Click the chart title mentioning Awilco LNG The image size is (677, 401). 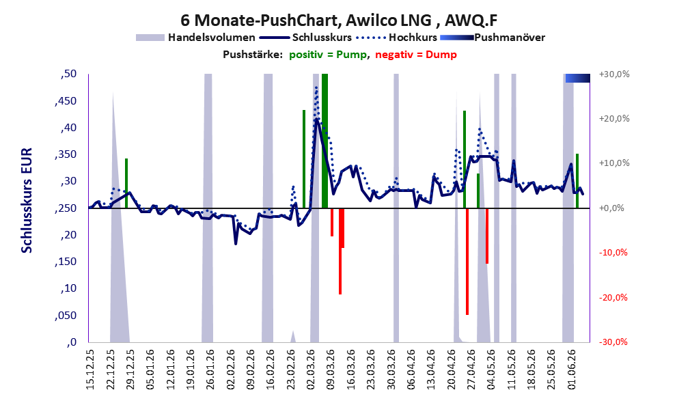click(339, 20)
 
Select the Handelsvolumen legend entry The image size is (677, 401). click(195, 38)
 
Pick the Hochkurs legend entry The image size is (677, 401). click(397, 38)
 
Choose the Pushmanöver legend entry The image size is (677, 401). click(493, 38)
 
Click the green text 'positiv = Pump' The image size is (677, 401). click(328, 55)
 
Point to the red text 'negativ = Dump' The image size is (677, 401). click(416, 55)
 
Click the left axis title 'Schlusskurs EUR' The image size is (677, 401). click(27, 200)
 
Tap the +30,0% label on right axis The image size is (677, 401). click(614, 74)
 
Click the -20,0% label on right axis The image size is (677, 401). click(613, 297)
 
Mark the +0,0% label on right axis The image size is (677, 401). click(611, 208)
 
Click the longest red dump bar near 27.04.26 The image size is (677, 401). click(467, 262)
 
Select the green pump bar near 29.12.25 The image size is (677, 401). click(126, 184)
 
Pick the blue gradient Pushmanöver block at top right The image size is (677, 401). click(578, 78)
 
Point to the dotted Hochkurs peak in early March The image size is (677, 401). click(316, 87)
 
